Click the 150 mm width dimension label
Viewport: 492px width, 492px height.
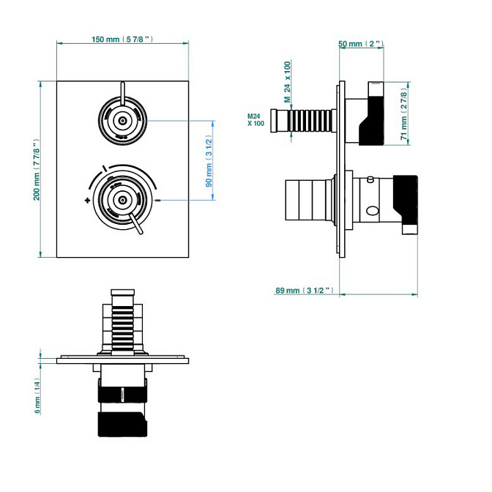coord(122,40)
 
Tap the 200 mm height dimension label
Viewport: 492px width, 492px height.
coord(37,170)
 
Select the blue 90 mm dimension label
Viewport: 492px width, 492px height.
coord(209,161)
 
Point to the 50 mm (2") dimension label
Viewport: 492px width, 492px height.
coord(361,44)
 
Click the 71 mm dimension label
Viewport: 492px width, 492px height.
coord(404,114)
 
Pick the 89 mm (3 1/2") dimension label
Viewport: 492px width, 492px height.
coord(305,290)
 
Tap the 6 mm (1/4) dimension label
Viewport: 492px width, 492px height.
coord(37,395)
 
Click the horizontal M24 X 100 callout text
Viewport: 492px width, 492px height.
coord(256,120)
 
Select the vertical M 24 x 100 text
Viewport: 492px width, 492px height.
coord(287,82)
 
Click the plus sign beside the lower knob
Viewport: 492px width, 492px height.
coord(88,200)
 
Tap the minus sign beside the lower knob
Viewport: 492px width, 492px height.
coord(158,200)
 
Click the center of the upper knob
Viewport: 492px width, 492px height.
coord(123,121)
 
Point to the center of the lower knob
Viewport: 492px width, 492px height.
coord(123,200)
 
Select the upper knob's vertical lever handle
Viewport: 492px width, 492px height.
coord(123,93)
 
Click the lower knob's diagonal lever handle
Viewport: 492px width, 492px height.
coord(136,224)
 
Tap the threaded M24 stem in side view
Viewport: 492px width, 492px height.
coord(303,121)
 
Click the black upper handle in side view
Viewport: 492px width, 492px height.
coord(371,113)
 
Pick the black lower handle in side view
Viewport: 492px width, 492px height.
coord(406,204)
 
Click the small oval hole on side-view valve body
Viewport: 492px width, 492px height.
coord(373,211)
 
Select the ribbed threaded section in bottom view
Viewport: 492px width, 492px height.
coord(123,328)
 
